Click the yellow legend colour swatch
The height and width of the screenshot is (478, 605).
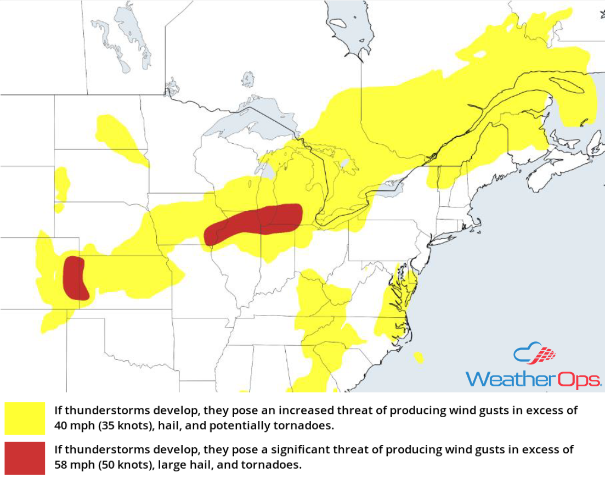coord(25,418)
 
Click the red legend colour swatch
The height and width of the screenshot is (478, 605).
coord(25,458)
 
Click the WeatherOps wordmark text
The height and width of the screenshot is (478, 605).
coord(533,379)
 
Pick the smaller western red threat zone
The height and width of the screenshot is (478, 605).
coord(75,278)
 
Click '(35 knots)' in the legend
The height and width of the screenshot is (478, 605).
coord(121,425)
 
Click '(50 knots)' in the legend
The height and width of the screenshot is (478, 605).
coord(121,465)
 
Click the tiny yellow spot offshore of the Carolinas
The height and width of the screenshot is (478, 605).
coord(419,358)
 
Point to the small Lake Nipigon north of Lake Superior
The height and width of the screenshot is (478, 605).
coord(248,79)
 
